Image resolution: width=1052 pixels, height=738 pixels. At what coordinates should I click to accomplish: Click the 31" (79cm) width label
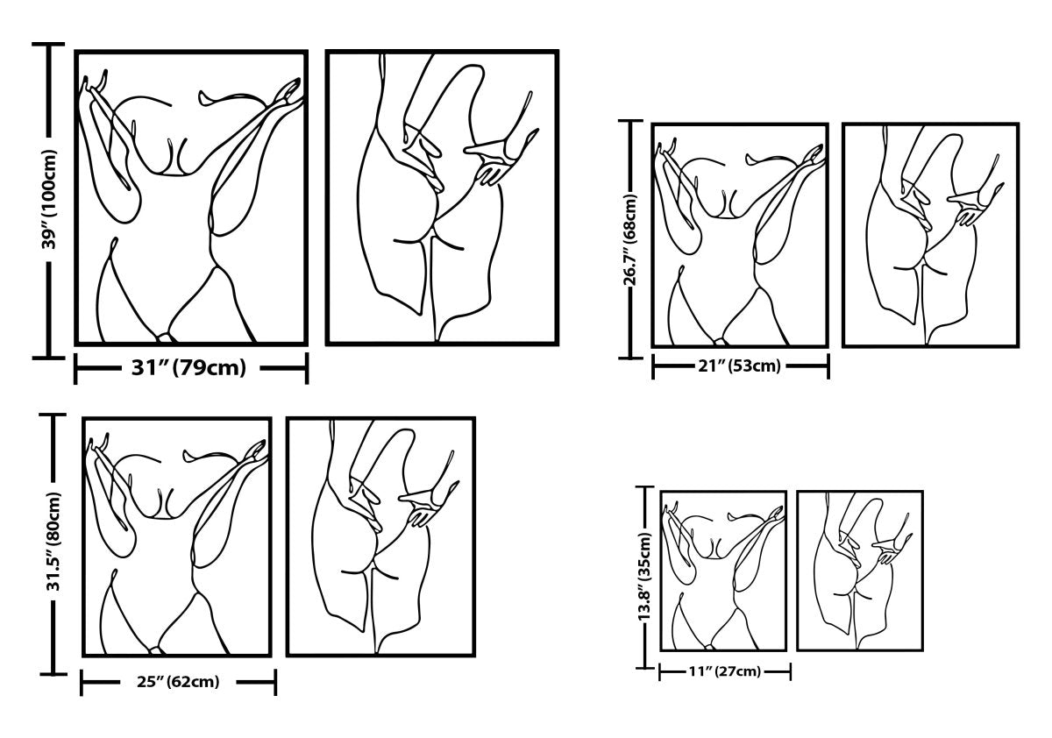pos(188,368)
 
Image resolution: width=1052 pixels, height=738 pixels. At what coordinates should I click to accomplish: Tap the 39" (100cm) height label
pos(49,199)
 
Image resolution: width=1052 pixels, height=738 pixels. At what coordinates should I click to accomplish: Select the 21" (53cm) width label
pos(739,365)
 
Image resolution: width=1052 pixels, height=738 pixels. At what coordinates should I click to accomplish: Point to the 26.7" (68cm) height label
pos(630,240)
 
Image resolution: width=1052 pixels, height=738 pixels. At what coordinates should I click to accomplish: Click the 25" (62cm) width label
pos(178,682)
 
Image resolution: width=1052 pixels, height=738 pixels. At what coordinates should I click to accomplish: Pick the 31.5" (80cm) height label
pos(53,541)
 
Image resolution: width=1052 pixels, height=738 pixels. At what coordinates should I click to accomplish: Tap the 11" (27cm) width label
pos(725,671)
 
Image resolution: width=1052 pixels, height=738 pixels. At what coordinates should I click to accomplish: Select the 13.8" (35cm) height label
pos(645,577)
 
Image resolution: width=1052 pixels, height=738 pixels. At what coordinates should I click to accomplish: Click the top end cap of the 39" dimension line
pos(48,44)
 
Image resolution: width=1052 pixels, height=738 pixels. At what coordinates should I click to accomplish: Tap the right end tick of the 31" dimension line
pos(307,368)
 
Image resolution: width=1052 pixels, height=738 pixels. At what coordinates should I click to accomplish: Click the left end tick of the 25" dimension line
pos(82,683)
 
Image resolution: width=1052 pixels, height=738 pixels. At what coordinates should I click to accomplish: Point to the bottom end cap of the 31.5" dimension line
pos(53,675)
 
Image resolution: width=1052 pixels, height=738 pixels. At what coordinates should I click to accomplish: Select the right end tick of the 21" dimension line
pos(828,366)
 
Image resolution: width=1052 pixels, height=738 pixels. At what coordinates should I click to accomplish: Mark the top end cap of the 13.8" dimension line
pos(645,487)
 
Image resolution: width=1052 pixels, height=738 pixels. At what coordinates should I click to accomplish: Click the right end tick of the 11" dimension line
pos(791,671)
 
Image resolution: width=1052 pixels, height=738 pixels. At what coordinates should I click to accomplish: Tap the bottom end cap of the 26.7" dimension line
pos(630,358)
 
